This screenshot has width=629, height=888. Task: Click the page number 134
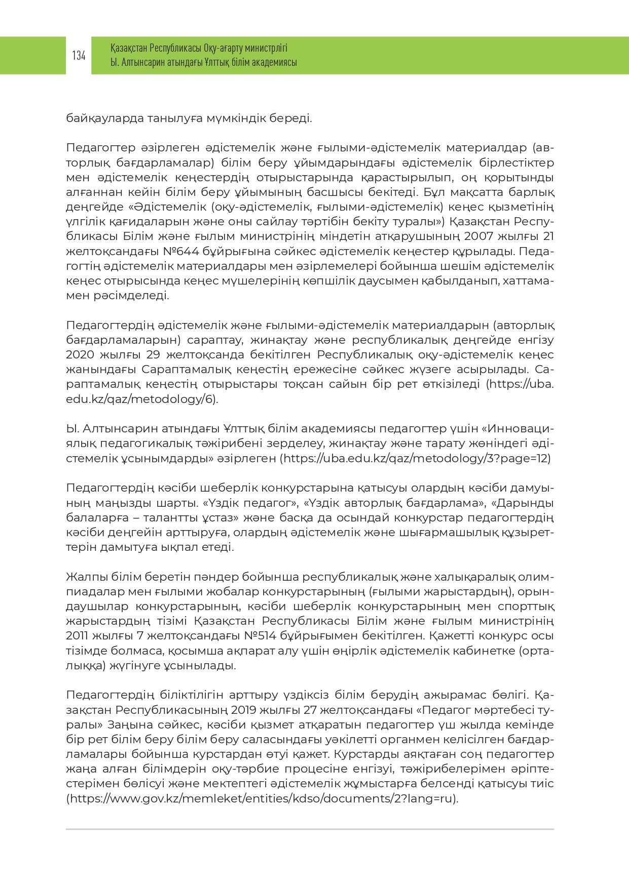click(x=79, y=56)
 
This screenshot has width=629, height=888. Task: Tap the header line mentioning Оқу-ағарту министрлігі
click(x=199, y=48)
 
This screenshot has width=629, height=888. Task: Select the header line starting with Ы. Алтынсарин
click(x=203, y=62)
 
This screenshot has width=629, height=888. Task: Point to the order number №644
click(x=180, y=251)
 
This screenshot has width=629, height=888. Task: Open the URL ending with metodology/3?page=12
click(x=416, y=458)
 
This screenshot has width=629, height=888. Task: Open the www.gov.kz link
click(x=262, y=798)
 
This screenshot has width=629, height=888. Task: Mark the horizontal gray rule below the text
click(x=310, y=829)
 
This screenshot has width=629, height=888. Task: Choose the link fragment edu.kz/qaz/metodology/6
click(x=140, y=399)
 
